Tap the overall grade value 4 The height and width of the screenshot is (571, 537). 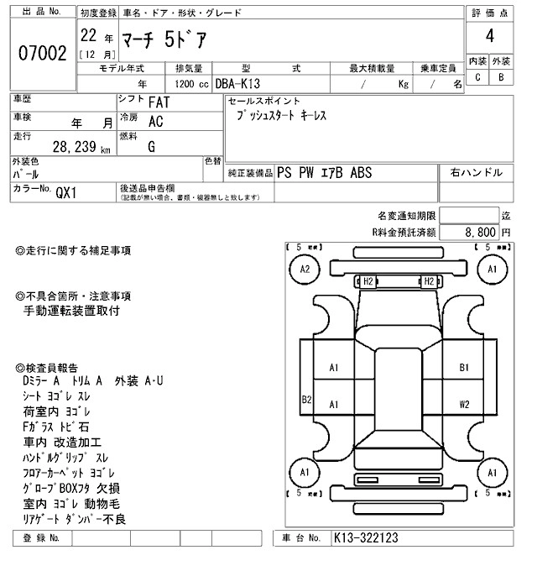(489, 36)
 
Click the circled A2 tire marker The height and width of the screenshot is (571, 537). (305, 270)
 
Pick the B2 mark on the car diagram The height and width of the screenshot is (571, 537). (307, 400)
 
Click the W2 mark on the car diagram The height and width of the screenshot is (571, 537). (464, 404)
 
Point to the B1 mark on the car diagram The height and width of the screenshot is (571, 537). (464, 368)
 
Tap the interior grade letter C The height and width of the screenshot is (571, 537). (477, 77)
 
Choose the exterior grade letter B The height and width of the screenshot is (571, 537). (501, 77)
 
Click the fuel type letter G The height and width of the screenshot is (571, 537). (152, 147)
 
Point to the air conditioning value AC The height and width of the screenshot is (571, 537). (155, 121)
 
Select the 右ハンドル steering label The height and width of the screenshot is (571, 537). (477, 172)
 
